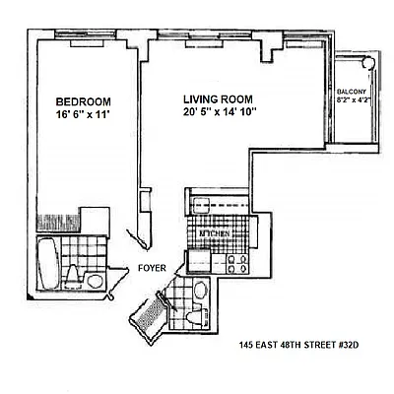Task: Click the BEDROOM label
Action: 83,101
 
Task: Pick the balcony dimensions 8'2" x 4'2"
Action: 352,99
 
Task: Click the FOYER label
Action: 151,265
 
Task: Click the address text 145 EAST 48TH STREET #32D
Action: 296,346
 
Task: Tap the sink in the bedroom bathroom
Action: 95,281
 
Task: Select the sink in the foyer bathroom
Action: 200,292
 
